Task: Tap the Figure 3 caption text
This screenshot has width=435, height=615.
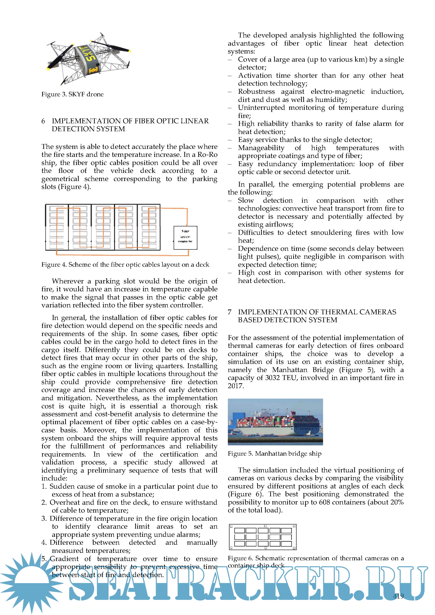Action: [x=72, y=94]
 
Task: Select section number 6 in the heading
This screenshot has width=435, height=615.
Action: [x=43, y=121]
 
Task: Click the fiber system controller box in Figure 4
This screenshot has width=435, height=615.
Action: [x=185, y=238]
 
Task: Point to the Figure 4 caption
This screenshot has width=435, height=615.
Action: [x=125, y=265]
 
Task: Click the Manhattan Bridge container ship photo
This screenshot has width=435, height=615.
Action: [x=275, y=422]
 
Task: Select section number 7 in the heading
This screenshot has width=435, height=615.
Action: [x=229, y=312]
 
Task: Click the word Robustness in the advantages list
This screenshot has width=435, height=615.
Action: [x=256, y=92]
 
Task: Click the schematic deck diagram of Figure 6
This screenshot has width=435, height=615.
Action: [x=263, y=537]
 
